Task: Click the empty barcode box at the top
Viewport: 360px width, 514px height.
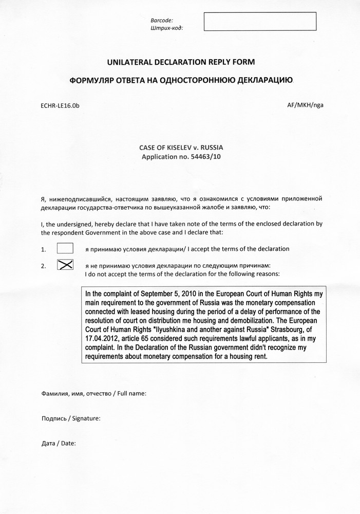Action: coord(260,22)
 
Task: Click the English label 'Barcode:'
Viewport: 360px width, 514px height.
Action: coord(162,20)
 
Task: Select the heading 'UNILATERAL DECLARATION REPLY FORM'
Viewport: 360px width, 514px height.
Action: coord(180,62)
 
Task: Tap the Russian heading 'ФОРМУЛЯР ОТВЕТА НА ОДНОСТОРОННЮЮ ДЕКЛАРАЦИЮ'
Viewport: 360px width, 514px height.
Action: coord(181,81)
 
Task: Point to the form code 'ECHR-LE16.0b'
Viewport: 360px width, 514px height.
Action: coord(60,105)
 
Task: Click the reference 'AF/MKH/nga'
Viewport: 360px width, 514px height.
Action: coord(306,105)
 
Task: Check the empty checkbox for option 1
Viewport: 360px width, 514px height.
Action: coord(65,248)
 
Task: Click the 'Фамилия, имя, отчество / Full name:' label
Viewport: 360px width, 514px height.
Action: coord(94,394)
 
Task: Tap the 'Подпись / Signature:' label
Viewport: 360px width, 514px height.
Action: coord(70,418)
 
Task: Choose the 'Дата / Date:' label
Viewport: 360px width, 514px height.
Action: coord(58,443)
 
